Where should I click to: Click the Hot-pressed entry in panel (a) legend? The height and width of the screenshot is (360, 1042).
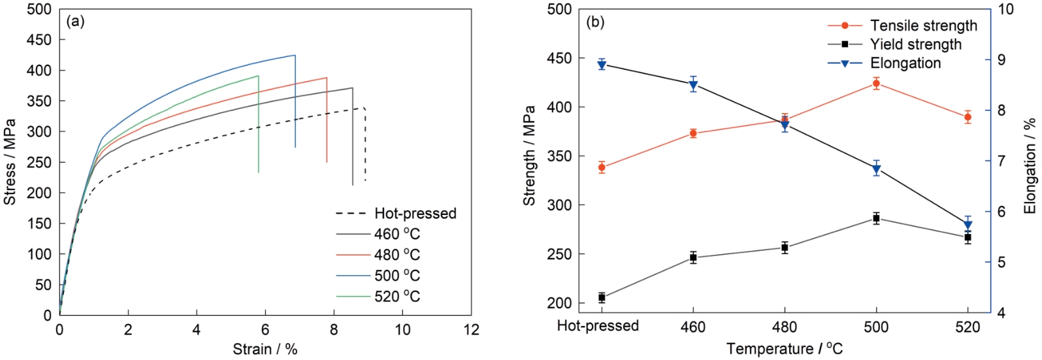coord(415,214)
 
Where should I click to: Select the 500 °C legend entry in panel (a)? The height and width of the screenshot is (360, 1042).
coord(397,276)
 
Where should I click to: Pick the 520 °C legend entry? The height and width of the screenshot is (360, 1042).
coord(397,297)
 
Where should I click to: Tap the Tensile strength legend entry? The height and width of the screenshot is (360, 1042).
coord(923,25)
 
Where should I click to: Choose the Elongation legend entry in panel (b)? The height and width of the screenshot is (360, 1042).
coord(905,63)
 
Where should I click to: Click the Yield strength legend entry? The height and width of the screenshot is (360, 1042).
coord(915,44)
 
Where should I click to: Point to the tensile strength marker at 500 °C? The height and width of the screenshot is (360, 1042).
coord(876,83)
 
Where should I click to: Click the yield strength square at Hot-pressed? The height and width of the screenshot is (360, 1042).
coord(602,298)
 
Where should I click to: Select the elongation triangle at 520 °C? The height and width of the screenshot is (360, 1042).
coord(968,225)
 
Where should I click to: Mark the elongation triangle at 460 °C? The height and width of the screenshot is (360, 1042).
coord(693,85)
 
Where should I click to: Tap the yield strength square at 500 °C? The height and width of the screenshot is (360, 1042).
coord(876,218)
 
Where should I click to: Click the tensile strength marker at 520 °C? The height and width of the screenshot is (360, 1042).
coord(968,118)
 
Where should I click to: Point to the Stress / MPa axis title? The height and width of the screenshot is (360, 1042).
coord(10,162)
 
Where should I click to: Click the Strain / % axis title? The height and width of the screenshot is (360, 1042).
coord(265,349)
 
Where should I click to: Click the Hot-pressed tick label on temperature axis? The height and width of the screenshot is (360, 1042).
coord(598,325)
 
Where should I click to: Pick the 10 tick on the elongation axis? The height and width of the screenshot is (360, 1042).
coord(1006,9)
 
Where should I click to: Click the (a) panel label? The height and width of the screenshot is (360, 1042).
coord(75,22)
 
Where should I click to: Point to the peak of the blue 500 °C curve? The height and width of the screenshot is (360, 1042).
coord(295,55)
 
